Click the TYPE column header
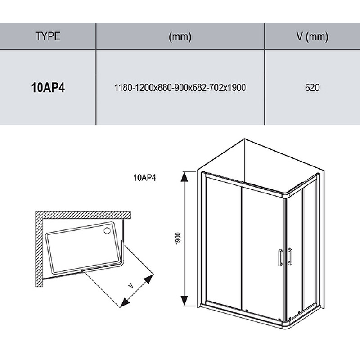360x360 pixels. pyautogui.click(x=48, y=36)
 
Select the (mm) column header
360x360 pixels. pyautogui.click(x=180, y=37)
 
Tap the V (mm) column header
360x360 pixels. pyautogui.click(x=312, y=37)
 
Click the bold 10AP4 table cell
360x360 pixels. pyautogui.click(x=48, y=87)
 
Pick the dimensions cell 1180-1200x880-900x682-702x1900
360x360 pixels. pyautogui.click(x=180, y=87)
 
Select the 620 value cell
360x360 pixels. pyautogui.click(x=312, y=87)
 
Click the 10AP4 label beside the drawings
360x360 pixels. pyautogui.click(x=144, y=178)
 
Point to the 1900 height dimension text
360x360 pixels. pyautogui.click(x=178, y=238)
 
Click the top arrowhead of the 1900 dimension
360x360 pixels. pyautogui.click(x=184, y=176)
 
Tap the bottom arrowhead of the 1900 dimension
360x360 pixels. pyautogui.click(x=184, y=301)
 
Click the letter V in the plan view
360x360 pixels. pyautogui.click(x=130, y=286)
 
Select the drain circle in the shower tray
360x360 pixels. pyautogui.click(x=107, y=231)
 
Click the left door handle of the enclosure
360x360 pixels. pyautogui.click(x=280, y=257)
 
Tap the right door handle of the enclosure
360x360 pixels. pyautogui.click(x=290, y=256)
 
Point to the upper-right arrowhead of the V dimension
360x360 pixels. pyautogui.click(x=149, y=279)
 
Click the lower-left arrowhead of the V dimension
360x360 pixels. pyautogui.click(x=125, y=302)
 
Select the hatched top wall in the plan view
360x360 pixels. pyautogui.click(x=83, y=215)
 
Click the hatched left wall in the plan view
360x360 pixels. pyautogui.click(x=39, y=249)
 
